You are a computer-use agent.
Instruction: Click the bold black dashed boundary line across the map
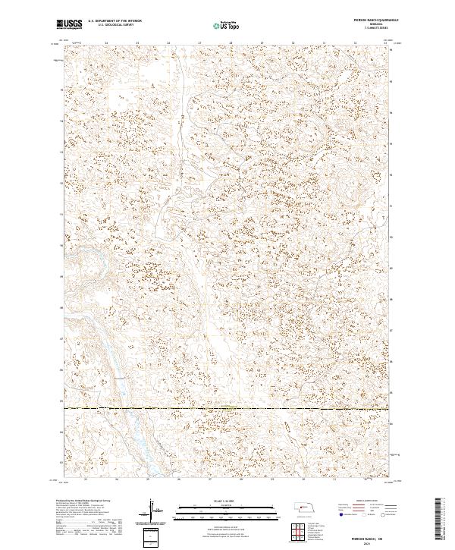pyautogui.click(x=227, y=409)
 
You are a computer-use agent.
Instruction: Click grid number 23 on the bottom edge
pyautogui.click(x=86, y=479)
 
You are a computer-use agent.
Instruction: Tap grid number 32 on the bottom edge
pyautogui.click(x=366, y=479)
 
